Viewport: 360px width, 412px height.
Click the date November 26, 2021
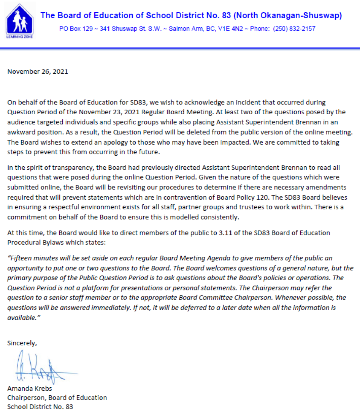click(38, 71)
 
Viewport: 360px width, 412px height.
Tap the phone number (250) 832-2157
click(294, 29)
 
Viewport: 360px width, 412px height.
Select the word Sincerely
click(22, 343)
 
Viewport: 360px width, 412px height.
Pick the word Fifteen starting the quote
click(22, 258)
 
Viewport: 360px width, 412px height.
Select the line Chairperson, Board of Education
click(57, 398)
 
